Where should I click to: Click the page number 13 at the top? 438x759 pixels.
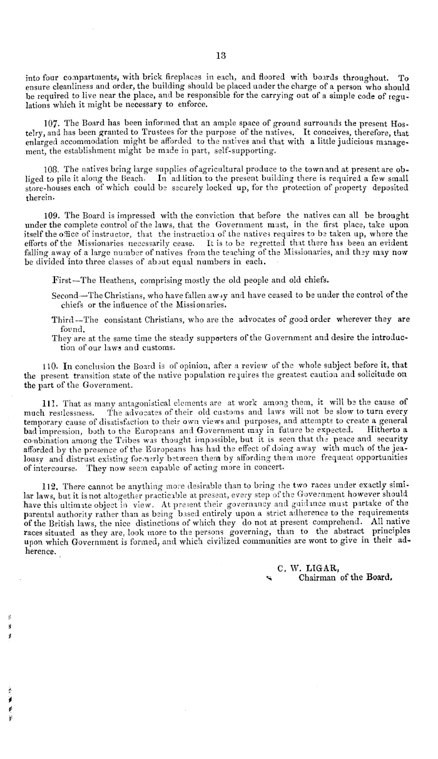(x=220, y=54)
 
